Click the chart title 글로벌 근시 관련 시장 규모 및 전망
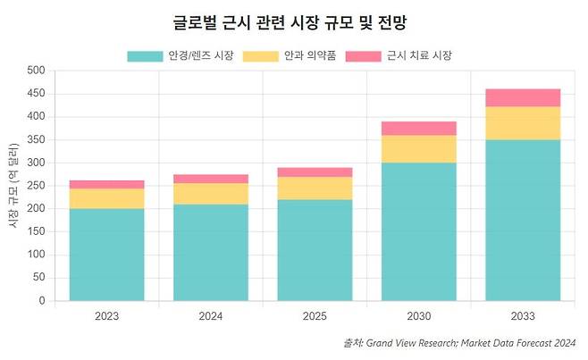[x=294, y=21]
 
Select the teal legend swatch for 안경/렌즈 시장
[x=145, y=55]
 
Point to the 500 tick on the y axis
[x=36, y=71]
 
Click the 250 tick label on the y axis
[x=36, y=186]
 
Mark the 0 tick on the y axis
[x=41, y=301]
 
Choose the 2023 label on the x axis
[x=106, y=315]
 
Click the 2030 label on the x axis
[x=418, y=315]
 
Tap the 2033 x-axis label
[x=522, y=315]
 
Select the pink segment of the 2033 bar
[x=522, y=97]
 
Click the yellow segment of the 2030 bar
[x=418, y=149]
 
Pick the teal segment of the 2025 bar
[x=315, y=250]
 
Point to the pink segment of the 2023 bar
[x=106, y=184]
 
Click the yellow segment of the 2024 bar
[x=211, y=194]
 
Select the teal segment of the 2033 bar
[x=522, y=220]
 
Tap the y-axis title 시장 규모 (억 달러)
[x=13, y=186]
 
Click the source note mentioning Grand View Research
[x=459, y=343]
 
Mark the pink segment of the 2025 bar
[x=315, y=172]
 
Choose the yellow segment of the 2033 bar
[x=522, y=123]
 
